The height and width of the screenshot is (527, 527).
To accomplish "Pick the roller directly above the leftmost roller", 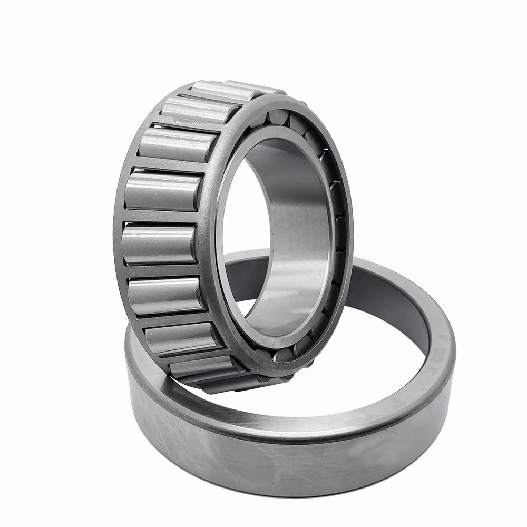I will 163,191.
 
